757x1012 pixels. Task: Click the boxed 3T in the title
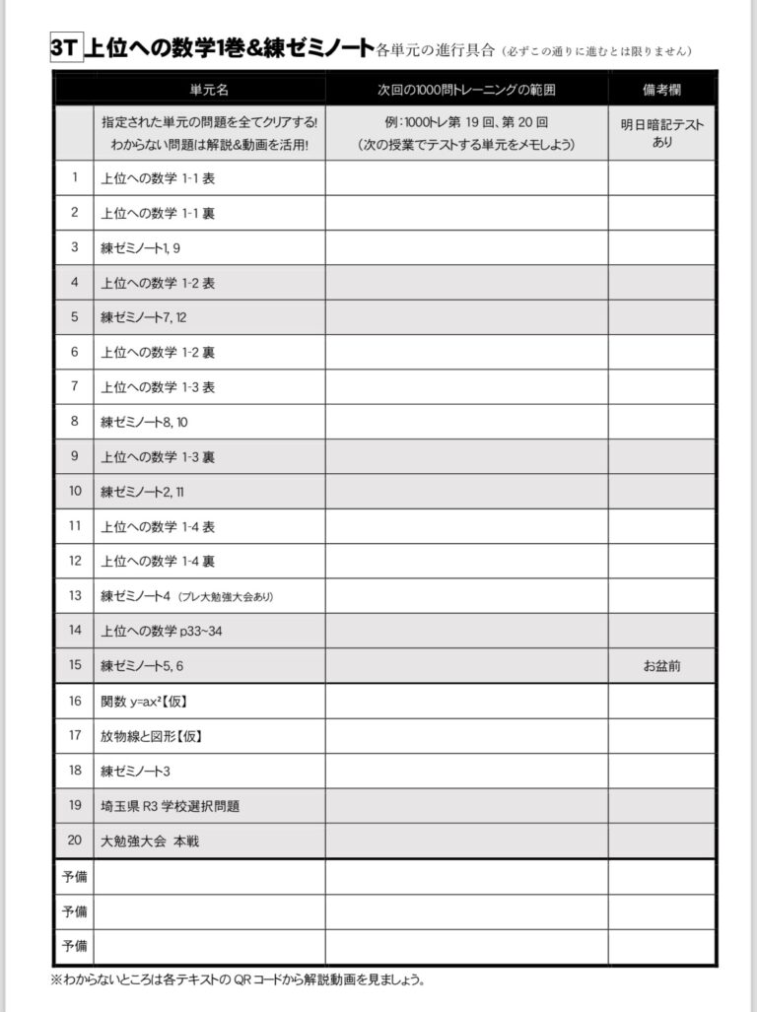[x=67, y=48]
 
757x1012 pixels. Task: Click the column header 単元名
[x=209, y=89]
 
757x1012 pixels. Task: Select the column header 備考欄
[x=662, y=89]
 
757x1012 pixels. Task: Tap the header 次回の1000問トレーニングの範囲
[x=466, y=89]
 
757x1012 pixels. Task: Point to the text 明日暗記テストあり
[x=662, y=133]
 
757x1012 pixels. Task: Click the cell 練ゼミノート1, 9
[x=140, y=247]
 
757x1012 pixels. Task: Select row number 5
[x=75, y=317]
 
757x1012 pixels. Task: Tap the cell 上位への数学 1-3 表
[x=158, y=387]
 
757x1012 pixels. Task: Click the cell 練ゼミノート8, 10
[x=144, y=422]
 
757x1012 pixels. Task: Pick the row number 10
[x=75, y=491]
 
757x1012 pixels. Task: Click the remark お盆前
[x=662, y=666]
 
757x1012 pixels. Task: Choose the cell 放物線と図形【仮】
[x=144, y=736]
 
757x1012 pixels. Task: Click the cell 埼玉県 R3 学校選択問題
[x=171, y=806]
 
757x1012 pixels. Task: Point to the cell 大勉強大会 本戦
[x=150, y=842]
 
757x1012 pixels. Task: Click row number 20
[x=75, y=842]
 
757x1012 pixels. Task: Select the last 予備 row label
[x=75, y=946]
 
